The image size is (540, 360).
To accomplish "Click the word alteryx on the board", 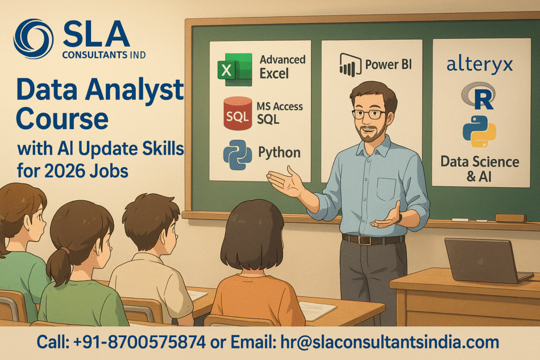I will (x=480, y=64).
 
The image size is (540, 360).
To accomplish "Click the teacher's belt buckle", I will (x=377, y=239).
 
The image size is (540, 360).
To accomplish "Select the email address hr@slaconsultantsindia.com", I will (x=390, y=342).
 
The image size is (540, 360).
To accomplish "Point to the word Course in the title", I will (x=63, y=119).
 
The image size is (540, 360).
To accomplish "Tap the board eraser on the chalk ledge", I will (x=510, y=218).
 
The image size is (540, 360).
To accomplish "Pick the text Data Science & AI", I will (x=480, y=169).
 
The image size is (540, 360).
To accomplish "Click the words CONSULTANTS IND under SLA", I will (x=105, y=55).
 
